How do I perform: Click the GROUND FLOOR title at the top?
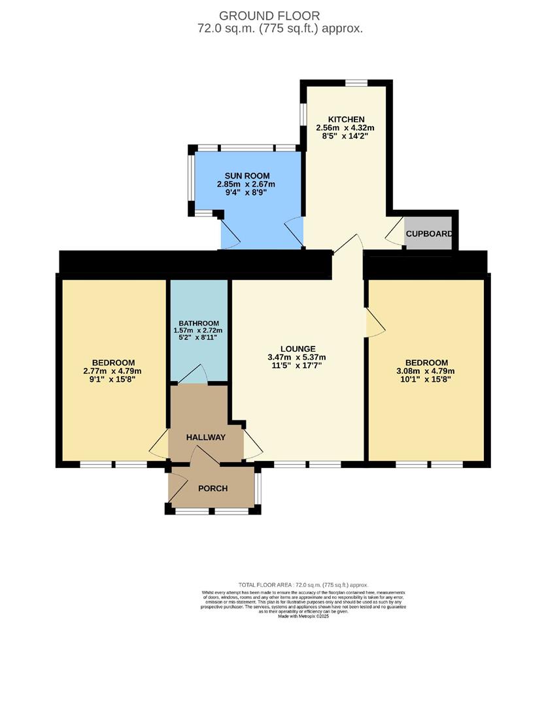(x=269, y=16)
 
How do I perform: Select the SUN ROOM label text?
(x=246, y=176)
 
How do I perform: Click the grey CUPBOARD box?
(x=428, y=233)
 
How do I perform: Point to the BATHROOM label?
(x=199, y=323)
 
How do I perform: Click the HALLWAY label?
(x=205, y=437)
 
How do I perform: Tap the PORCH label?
(x=213, y=488)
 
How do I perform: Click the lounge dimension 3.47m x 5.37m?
(x=296, y=358)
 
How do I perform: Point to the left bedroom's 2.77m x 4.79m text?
(x=113, y=371)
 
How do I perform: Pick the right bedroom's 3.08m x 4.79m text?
(x=426, y=371)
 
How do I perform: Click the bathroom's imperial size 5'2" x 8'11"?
(x=199, y=337)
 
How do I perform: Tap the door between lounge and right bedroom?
(x=375, y=323)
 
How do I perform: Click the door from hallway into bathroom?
(x=192, y=375)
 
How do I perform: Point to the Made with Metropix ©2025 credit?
(x=303, y=616)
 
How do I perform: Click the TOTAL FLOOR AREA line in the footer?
(x=303, y=584)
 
